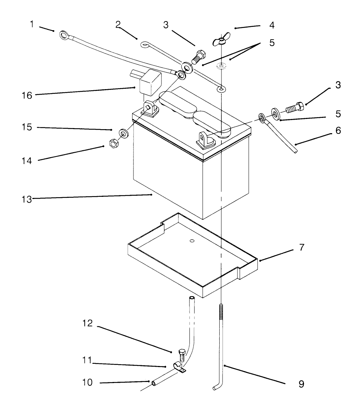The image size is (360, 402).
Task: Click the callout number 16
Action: point(27,96)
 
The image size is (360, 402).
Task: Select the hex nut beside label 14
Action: point(113,143)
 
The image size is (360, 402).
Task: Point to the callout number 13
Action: point(27,199)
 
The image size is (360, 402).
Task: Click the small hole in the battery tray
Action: point(192,241)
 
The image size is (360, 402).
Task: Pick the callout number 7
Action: point(302,248)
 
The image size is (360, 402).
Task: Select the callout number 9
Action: point(301,383)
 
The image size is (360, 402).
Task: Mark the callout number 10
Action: point(87,383)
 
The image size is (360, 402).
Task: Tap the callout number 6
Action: point(338,130)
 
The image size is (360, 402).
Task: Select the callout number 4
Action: point(272,26)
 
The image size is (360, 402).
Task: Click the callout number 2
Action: point(117,25)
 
